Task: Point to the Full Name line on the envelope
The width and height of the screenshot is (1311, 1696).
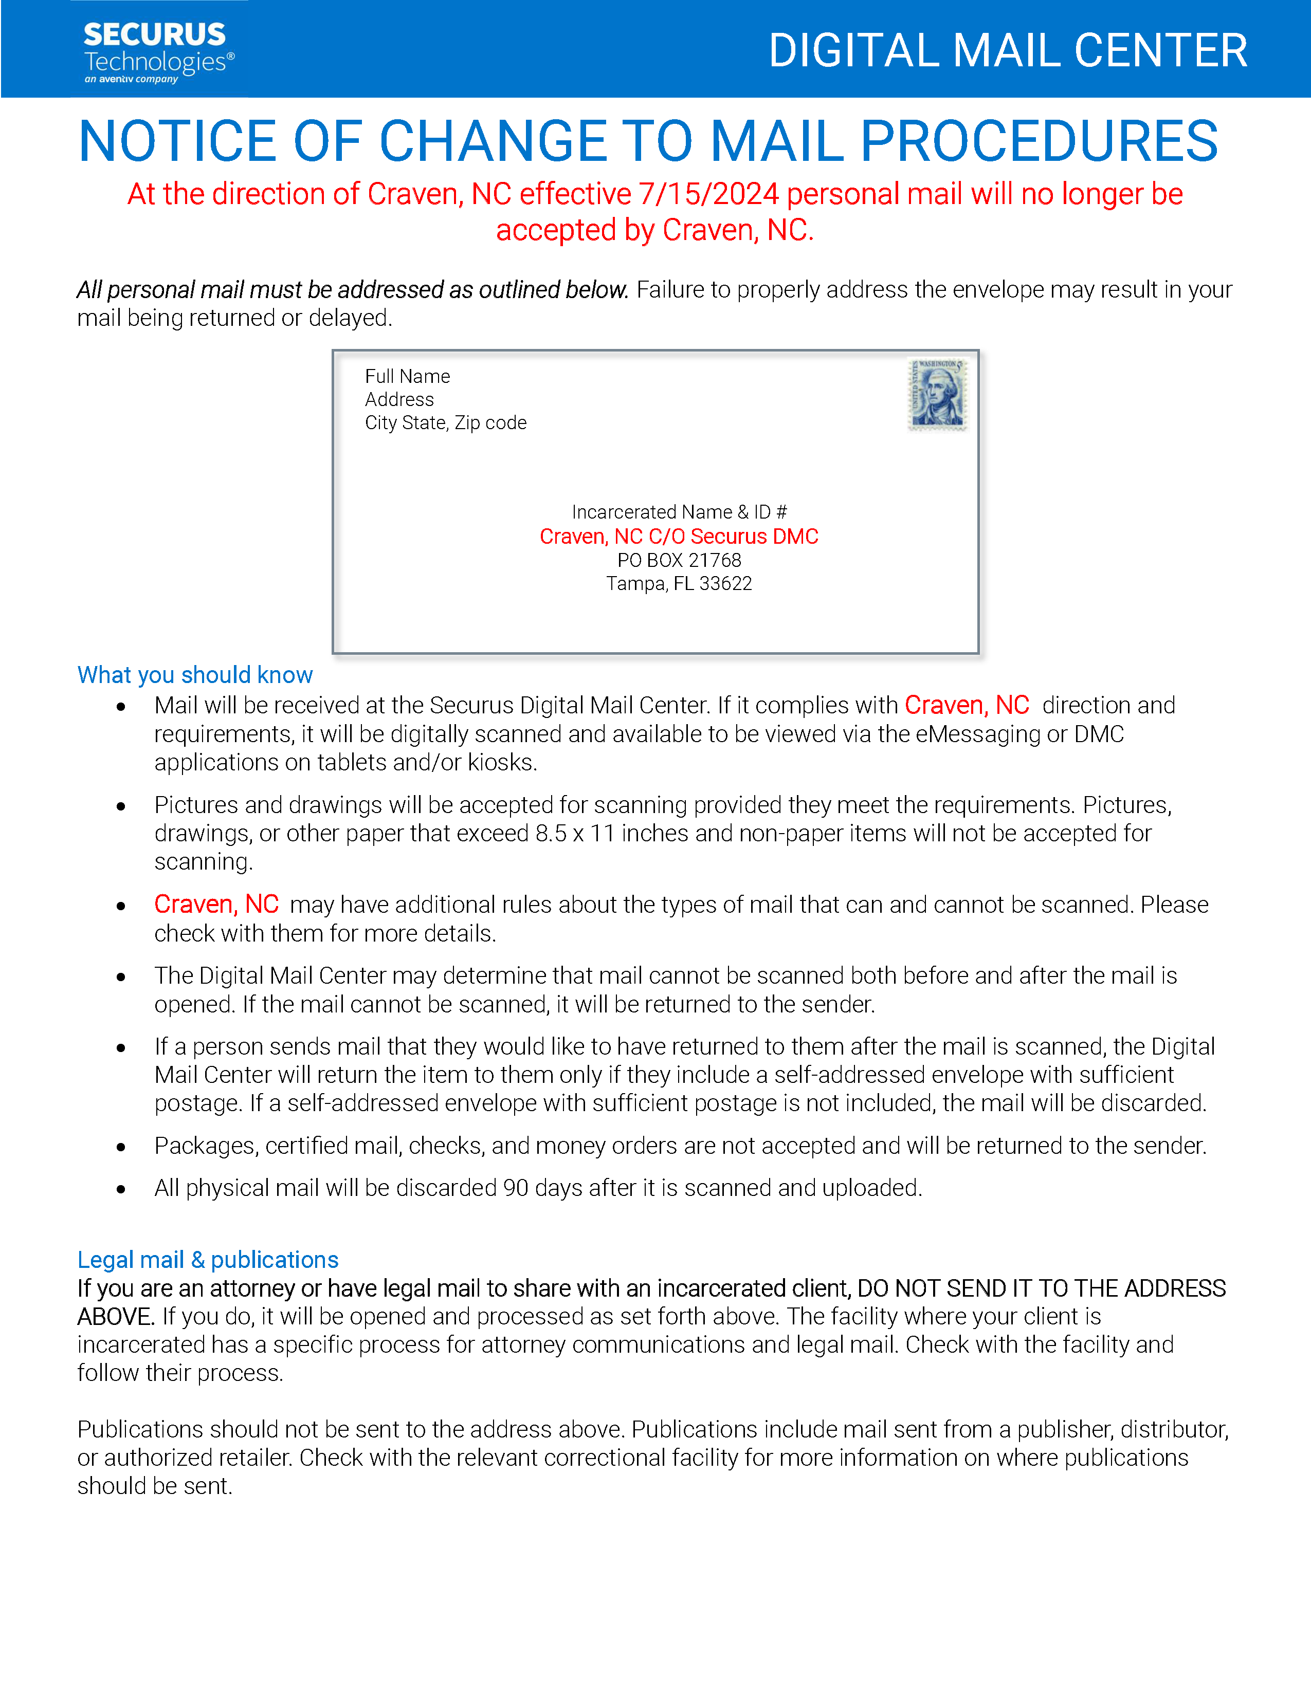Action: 407,377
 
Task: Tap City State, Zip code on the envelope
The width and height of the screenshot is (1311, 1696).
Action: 445,423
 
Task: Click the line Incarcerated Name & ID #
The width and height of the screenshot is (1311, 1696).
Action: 679,512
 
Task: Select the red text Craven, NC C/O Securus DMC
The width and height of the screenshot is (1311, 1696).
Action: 679,537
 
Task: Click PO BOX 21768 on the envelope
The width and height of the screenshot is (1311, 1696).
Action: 679,561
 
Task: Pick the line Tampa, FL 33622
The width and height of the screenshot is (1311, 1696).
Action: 679,584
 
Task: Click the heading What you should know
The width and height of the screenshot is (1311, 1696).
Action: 195,675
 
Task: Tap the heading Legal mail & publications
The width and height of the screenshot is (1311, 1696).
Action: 207,1260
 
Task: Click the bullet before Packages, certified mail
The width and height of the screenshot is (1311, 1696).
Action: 121,1147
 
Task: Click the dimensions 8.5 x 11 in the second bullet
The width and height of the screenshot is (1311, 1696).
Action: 575,833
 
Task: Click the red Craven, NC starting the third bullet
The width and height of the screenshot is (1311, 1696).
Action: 216,905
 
